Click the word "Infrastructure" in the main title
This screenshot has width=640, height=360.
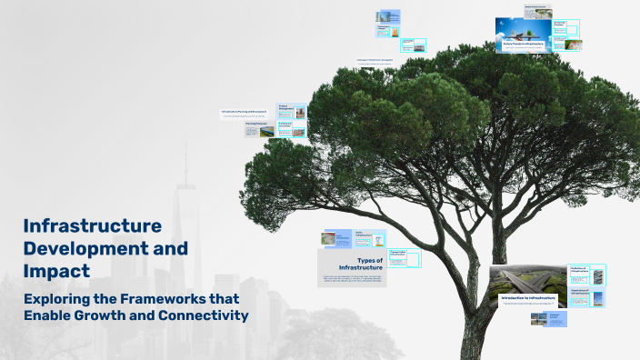(92, 225)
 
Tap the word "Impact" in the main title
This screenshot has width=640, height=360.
(56, 270)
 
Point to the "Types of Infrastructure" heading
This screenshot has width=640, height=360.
(360, 264)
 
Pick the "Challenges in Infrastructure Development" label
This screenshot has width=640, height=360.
(386, 61)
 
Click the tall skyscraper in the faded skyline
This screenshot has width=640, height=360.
(187, 236)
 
